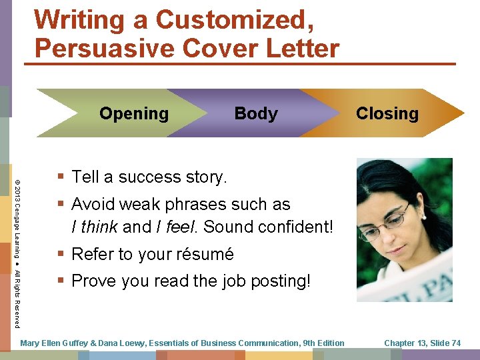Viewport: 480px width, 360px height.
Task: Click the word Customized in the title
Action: click(x=231, y=20)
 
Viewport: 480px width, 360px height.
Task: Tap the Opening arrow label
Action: click(x=134, y=113)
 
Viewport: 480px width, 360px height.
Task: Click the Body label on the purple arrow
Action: click(x=256, y=114)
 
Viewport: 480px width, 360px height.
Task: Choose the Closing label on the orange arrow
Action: click(x=387, y=113)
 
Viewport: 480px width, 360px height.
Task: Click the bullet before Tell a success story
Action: click(x=61, y=177)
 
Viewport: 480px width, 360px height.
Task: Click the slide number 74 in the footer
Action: click(x=455, y=343)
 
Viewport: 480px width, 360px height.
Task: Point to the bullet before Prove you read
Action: click(x=61, y=281)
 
